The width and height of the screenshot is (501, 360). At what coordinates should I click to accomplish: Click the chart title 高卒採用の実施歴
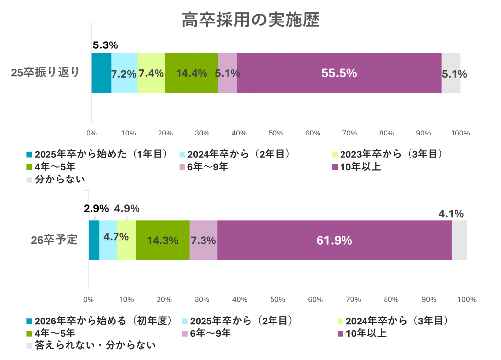250,21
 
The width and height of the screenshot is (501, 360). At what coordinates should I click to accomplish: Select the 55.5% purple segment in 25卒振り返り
339,73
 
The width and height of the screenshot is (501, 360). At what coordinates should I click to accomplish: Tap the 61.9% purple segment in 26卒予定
334,240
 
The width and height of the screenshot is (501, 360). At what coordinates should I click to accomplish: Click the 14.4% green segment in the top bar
191,73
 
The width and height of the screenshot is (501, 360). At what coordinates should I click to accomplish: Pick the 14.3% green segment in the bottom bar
162,240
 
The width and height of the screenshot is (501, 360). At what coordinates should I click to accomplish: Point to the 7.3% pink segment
203,240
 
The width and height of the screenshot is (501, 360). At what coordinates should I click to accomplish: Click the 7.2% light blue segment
124,73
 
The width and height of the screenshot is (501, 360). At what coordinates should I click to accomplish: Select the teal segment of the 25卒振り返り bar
101,73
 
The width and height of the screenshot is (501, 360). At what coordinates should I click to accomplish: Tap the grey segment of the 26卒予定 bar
459,240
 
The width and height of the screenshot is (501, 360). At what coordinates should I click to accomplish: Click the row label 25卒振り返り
45,73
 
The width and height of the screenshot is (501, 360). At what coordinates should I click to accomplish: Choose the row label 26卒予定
54,240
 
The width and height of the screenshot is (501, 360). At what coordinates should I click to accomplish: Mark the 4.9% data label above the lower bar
127,208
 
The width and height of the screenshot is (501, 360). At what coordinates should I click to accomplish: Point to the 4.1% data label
451,214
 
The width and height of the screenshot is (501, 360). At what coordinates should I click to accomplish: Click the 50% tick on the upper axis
276,133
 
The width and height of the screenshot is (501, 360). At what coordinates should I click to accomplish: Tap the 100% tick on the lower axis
467,299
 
